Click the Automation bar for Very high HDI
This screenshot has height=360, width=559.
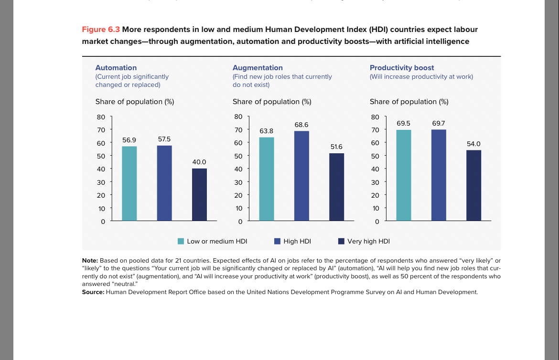(199, 195)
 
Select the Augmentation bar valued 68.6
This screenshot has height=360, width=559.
(301, 176)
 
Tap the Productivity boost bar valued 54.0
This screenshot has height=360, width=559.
(473, 185)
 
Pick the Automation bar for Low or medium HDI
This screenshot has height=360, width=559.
(129, 183)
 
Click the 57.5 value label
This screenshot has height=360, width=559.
(164, 139)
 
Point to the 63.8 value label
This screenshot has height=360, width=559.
(267, 131)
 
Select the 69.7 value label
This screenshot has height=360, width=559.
(439, 123)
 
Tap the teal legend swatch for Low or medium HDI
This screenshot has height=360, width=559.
(181, 241)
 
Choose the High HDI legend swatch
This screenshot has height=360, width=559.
(277, 241)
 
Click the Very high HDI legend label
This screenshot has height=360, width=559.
(368, 242)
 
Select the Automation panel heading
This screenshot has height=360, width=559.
(116, 68)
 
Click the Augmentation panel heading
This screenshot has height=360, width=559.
(258, 68)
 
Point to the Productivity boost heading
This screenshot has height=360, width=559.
(402, 68)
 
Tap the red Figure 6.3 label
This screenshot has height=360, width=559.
(101, 30)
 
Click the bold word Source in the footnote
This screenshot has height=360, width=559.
(93, 292)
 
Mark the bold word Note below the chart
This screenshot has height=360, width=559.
(90, 260)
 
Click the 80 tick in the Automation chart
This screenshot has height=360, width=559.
(101, 116)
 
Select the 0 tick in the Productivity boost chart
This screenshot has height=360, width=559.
(376, 222)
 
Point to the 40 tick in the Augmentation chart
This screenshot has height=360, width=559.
(238, 169)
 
